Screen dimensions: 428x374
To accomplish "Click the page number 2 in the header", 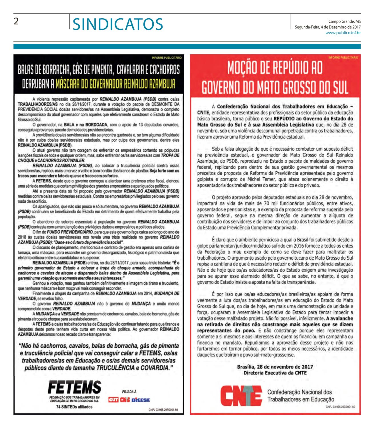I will pyautogui.click(x=17, y=21).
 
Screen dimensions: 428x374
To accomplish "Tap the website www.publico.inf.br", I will pyautogui.click(x=343, y=33).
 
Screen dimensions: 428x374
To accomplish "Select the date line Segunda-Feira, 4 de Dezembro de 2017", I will pyautogui.click(x=328, y=27).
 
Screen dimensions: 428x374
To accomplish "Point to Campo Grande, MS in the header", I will pyautogui.click(x=344, y=21).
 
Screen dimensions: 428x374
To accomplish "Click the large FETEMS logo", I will pyautogui.click(x=74, y=388).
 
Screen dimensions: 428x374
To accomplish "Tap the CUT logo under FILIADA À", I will pyautogui.click(x=113, y=400).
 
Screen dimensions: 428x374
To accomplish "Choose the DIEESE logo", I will pyautogui.click(x=141, y=400).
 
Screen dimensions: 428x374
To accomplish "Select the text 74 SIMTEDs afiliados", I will pyautogui.click(x=74, y=407).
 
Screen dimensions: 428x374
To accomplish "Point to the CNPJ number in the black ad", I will pyautogui.click(x=163, y=410).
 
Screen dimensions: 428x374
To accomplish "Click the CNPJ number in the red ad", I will pyautogui.click(x=340, y=406).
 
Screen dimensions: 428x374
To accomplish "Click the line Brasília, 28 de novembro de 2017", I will pyautogui.click(x=275, y=367).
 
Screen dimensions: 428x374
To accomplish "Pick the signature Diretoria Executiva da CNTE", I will pyautogui.click(x=275, y=372).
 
